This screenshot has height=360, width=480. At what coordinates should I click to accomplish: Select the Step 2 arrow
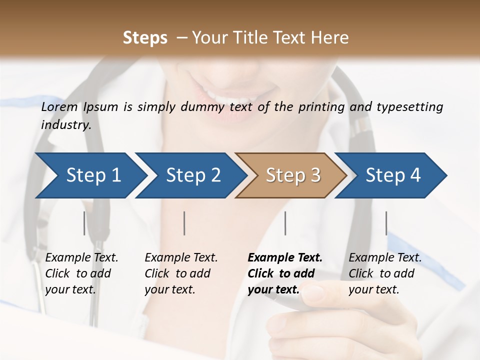(x=193, y=175)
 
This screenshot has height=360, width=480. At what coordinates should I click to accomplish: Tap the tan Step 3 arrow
(x=293, y=175)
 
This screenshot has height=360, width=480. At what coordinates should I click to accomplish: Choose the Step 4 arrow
(x=393, y=175)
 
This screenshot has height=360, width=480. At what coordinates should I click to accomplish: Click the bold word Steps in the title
(x=145, y=38)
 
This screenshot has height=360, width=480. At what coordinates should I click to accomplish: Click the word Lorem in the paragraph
(x=59, y=107)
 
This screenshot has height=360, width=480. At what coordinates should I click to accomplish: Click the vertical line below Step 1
(x=84, y=223)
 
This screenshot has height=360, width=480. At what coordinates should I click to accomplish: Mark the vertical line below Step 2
(x=184, y=223)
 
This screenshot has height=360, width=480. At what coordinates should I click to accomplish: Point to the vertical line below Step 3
(x=285, y=223)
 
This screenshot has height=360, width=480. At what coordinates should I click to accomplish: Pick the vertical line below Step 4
(x=386, y=223)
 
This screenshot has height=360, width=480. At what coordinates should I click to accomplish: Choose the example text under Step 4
(x=385, y=273)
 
